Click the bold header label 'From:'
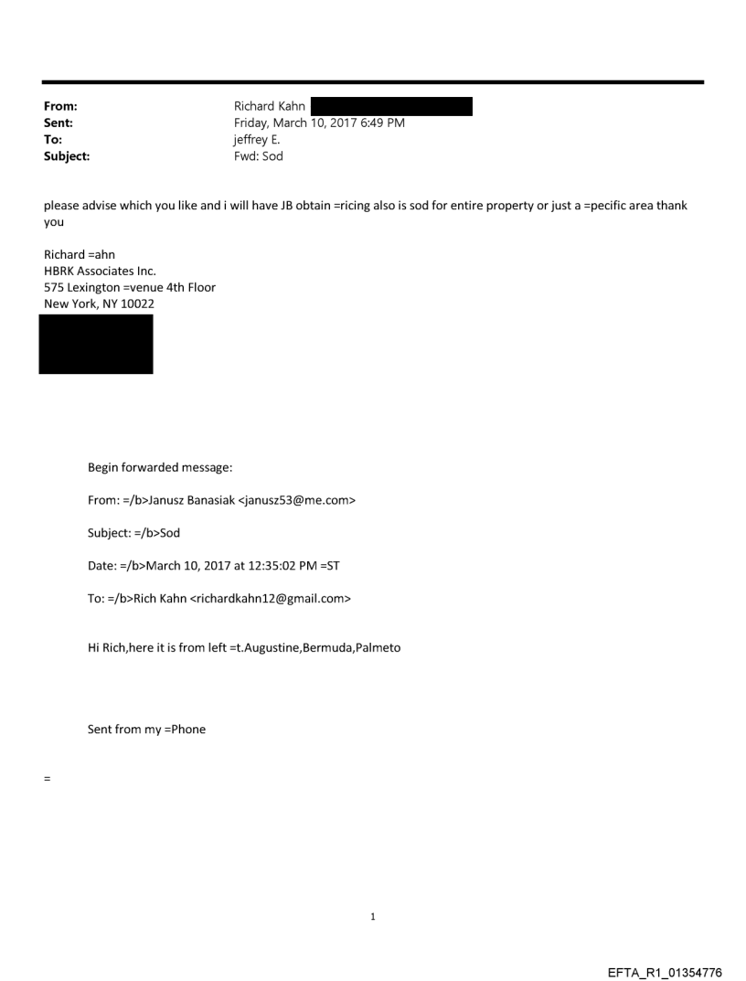tap(60, 107)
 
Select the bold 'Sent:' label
tap(59, 123)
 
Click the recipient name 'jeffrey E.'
tap(259, 140)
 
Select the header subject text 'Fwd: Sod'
tap(259, 156)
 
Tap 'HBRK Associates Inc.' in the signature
tap(100, 272)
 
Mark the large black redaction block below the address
tap(95, 344)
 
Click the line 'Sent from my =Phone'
tap(146, 730)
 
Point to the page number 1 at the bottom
tap(373, 916)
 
